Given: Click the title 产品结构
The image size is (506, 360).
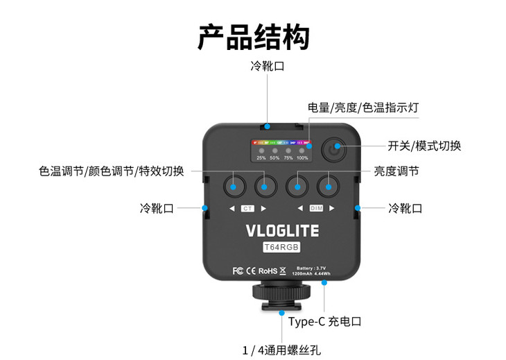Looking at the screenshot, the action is pos(253,37).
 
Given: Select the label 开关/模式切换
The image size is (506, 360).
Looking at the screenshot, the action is pos(424,146).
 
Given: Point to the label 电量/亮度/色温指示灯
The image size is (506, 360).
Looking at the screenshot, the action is pos(363,108).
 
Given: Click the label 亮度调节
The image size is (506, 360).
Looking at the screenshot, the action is pos(396,171).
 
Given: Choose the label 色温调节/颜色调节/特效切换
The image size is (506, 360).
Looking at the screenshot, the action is pos(112,171).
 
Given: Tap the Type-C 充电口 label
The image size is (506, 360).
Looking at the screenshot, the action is pos(325,321).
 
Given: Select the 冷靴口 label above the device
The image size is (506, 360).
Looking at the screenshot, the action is pos(268,67).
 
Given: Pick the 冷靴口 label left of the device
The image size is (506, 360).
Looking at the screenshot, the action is pos(157,208).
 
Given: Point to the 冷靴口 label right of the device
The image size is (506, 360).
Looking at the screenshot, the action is pos(405,208).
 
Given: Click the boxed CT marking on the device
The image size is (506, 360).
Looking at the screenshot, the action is pos(248,209).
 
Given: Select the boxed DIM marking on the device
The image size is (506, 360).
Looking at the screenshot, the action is pos(315,209).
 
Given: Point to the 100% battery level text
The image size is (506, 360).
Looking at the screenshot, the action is pos(302,157).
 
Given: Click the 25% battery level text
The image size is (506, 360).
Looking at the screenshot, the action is pos(261,157).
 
